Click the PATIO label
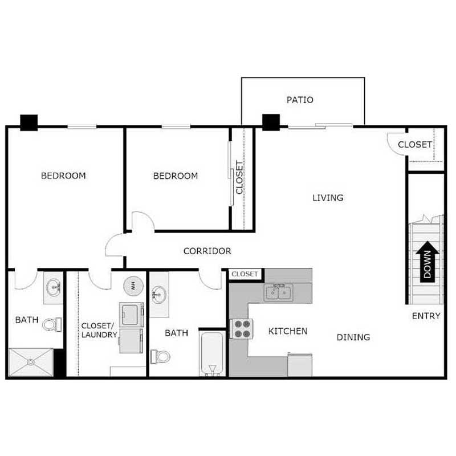(300, 100)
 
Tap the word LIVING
(328, 198)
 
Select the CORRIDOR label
(207, 251)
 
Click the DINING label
(353, 337)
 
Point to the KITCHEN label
(288, 331)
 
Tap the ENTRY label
(426, 316)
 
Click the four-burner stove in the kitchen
(241, 328)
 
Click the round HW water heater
(132, 286)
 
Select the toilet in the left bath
(52, 325)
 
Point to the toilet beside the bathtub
(160, 357)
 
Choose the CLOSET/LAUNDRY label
(99, 330)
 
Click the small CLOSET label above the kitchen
(245, 275)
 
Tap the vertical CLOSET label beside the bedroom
(239, 176)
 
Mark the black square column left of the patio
(271, 121)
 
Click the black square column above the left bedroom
(28, 122)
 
